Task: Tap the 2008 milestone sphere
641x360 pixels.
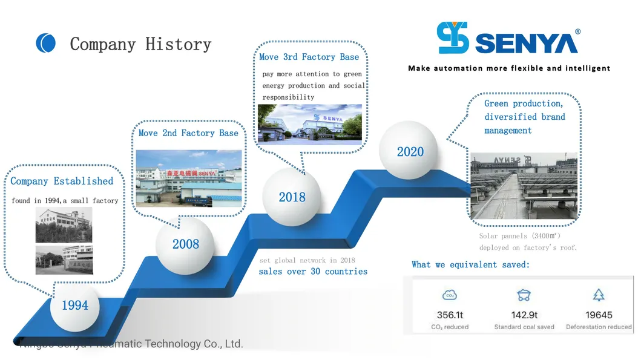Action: click(185, 244)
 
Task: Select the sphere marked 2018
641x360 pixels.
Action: click(292, 197)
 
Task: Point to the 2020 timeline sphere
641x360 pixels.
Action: click(410, 151)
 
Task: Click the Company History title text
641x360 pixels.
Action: click(140, 44)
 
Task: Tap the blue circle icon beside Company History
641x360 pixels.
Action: click(46, 43)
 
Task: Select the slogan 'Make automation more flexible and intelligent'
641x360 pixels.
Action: click(509, 68)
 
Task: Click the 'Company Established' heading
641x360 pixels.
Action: click(62, 181)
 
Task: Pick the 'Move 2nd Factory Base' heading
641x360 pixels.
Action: click(188, 133)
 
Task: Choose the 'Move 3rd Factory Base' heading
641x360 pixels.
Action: click(309, 57)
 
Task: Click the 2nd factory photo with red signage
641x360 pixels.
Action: click(188, 177)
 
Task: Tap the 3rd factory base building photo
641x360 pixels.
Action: click(309, 124)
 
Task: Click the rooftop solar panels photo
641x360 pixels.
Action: click(524, 186)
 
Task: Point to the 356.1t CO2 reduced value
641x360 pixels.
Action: click(450, 315)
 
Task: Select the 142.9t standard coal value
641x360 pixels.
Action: click(524, 315)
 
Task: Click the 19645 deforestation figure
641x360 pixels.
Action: click(598, 315)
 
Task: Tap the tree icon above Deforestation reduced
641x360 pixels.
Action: click(598, 295)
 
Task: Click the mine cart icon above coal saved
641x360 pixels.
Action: click(524, 295)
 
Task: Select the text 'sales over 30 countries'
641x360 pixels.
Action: click(313, 272)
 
